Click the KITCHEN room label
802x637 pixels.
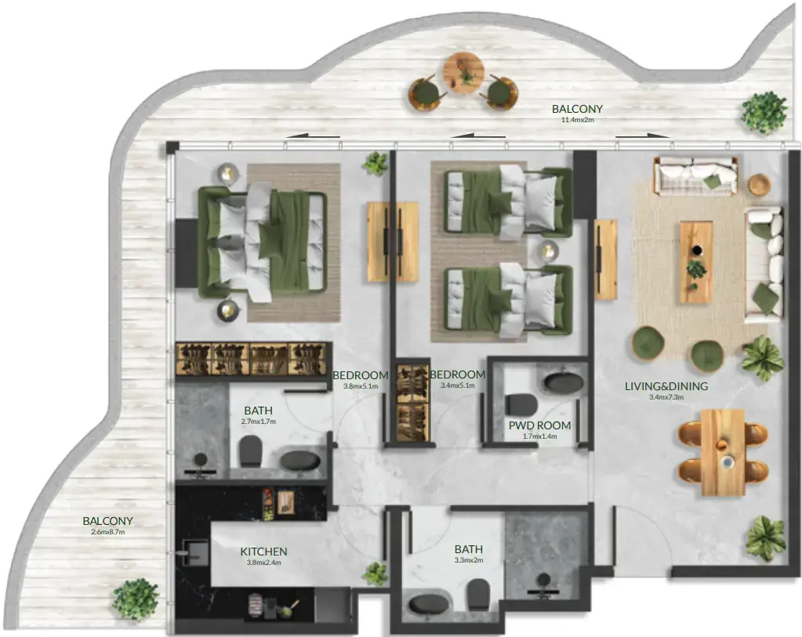point(263,552)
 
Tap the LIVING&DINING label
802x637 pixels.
point(666,385)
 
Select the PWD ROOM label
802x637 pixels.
point(539,425)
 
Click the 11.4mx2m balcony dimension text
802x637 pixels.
point(577,120)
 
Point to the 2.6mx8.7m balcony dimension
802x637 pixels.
point(108,532)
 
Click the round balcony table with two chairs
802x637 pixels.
point(463,74)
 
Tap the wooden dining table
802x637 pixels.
point(722,452)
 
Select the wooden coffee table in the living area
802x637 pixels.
point(695,261)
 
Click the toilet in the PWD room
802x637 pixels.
point(519,404)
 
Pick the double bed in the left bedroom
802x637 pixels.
point(262,241)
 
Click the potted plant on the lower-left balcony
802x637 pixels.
point(136,599)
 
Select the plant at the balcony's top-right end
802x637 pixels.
point(764,112)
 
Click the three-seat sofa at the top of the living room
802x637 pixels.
point(696,176)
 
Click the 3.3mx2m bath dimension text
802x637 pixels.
point(468,560)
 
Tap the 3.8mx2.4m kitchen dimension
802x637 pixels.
point(263,563)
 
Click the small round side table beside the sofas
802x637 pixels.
point(759,185)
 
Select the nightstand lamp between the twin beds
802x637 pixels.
point(548,251)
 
